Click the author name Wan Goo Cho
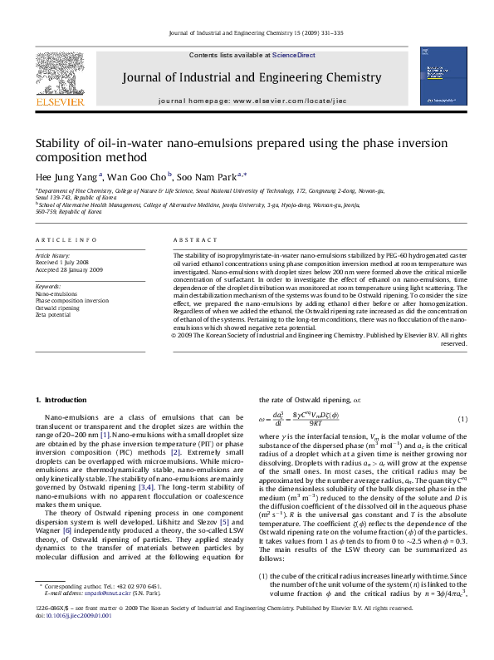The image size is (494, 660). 139,176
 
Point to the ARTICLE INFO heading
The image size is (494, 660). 66,239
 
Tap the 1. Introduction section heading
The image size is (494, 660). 66,400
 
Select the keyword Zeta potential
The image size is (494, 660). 53,315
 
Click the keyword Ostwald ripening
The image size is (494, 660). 57,308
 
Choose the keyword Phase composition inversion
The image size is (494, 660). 72,301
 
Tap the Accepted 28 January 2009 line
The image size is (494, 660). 69,269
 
